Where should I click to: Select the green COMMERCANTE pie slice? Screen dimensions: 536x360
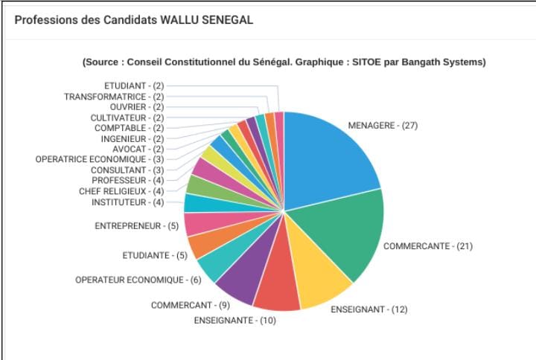[345, 232]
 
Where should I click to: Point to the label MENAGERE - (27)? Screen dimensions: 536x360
[383, 126]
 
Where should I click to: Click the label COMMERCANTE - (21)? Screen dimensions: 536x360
[428, 246]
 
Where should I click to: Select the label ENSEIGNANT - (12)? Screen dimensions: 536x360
[369, 309]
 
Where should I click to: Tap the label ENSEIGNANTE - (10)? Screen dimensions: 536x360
[235, 321]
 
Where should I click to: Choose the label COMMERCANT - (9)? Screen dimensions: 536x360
[191, 305]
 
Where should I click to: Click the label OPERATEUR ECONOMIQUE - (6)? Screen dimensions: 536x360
[138, 280]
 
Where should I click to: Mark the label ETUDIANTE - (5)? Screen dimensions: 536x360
[155, 255]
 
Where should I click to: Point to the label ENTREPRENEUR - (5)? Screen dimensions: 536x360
[137, 226]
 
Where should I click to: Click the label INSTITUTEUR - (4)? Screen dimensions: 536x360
[128, 202]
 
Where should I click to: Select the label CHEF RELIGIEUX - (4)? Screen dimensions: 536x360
[121, 191]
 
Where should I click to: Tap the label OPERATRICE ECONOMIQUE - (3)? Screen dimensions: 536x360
[100, 159]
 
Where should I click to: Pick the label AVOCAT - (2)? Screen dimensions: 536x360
[138, 150]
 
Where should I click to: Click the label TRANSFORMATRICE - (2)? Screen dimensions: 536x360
[114, 97]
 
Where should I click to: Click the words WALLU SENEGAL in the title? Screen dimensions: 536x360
[207, 20]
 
